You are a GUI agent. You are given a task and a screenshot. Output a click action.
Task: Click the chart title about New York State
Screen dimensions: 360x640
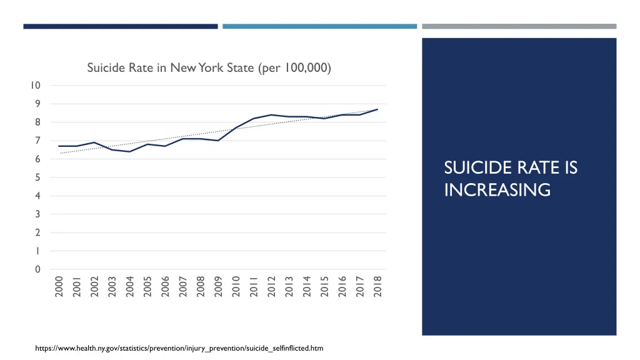click(209, 67)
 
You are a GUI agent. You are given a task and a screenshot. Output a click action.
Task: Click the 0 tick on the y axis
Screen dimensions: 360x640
click(37, 269)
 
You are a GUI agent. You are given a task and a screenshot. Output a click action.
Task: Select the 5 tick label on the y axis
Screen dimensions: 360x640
click(37, 177)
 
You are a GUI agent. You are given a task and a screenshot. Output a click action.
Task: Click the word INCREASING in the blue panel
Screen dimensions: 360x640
click(497, 189)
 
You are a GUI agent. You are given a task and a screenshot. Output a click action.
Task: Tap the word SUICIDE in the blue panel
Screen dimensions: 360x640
click(471, 168)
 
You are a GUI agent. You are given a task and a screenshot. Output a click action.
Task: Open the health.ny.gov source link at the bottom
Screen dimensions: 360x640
click(179, 347)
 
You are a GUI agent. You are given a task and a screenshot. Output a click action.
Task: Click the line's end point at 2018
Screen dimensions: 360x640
click(377, 109)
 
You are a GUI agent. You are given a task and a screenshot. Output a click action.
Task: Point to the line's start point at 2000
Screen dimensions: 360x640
click(59, 146)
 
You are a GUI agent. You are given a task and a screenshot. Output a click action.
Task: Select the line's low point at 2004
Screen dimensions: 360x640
click(129, 151)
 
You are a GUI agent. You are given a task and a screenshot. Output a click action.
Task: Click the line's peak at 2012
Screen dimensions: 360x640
click(271, 115)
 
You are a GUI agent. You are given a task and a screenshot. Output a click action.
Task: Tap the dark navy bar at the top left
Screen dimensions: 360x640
click(121, 26)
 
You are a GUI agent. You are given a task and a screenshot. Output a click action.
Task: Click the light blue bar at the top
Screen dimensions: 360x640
click(319, 26)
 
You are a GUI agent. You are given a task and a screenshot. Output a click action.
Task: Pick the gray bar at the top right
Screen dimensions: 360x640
click(519, 26)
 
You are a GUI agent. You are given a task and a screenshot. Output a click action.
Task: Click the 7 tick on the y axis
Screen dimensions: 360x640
click(37, 141)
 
